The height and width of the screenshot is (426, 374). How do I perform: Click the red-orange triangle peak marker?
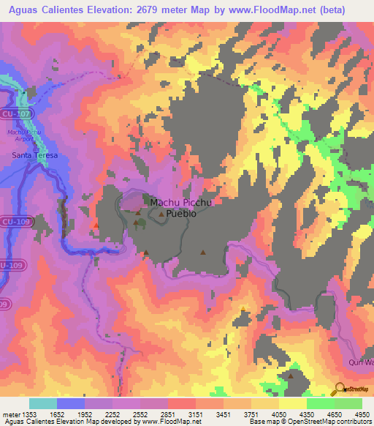point(96,224)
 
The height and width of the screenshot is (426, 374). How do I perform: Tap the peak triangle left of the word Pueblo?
point(161,214)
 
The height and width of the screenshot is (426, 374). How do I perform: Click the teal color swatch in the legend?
point(42,403)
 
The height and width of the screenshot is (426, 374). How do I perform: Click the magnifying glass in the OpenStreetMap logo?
point(340,389)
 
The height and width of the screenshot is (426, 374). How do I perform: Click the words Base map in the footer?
point(262,422)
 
